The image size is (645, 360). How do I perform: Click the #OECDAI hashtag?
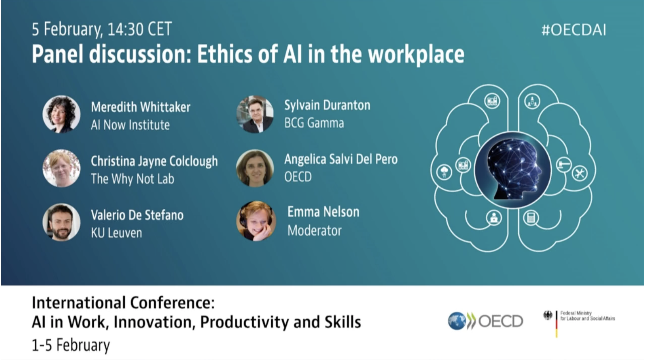[574, 30]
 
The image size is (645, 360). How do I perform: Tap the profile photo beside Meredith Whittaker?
[61, 114]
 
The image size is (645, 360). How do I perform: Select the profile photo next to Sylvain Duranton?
[255, 114]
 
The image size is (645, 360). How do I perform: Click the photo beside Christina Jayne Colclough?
[61, 168]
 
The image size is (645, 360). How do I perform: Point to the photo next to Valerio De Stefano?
[61, 222]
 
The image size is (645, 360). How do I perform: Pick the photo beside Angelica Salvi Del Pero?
[255, 168]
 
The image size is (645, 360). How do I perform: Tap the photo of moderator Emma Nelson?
[256, 221]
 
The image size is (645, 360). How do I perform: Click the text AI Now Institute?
[130, 125]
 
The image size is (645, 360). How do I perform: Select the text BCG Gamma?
[314, 123]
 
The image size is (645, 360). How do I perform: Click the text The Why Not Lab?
[133, 179]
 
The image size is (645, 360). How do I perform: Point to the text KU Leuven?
[116, 233]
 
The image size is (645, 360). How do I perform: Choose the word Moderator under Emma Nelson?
[315, 231]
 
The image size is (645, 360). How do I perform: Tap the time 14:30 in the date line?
[126, 29]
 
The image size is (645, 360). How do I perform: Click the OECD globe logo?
[457, 321]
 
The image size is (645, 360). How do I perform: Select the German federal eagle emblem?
[548, 315]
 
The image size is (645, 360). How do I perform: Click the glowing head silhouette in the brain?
[514, 170]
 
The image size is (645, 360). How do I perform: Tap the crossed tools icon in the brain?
[579, 173]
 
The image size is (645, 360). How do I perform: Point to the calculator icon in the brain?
[531, 218]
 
